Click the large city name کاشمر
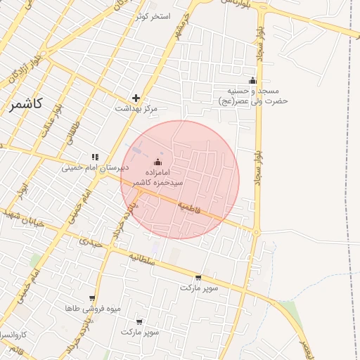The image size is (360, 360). (x=26, y=103)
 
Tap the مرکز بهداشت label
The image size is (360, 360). (x=136, y=109)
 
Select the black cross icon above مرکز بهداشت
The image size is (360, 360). (x=136, y=98)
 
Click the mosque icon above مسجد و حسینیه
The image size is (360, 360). (x=252, y=80)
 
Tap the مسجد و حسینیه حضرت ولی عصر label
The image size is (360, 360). (x=253, y=96)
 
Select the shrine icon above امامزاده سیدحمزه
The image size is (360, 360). (x=156, y=162)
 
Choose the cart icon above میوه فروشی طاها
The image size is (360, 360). (x=92, y=298)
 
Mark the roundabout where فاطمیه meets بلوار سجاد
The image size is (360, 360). (x=257, y=231)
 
